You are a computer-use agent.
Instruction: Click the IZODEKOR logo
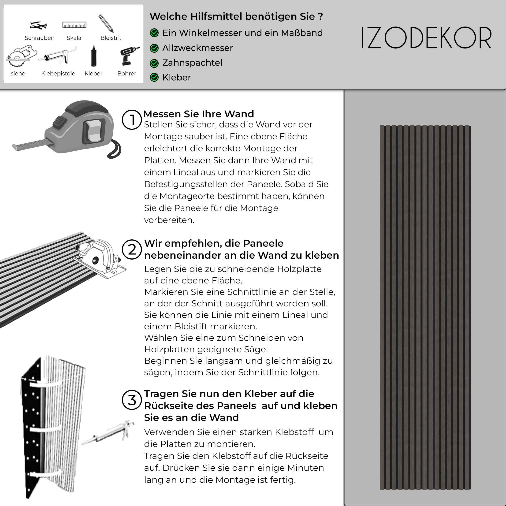point(426,38)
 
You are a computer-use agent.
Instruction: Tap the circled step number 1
point(132,119)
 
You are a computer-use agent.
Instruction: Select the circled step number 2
point(132,249)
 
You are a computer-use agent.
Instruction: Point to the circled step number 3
point(132,400)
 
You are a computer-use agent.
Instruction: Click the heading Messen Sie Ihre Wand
point(198,114)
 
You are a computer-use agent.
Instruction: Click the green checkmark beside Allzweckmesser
point(154,48)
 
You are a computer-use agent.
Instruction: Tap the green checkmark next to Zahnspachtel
point(154,63)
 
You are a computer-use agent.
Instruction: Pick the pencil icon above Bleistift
point(106,23)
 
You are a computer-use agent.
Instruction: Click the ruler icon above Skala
point(74,25)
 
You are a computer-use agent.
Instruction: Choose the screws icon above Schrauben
point(38,25)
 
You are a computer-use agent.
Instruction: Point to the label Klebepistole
point(58,74)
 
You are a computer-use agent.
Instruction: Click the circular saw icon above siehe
point(20,56)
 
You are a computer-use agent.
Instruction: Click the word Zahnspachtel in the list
point(192,63)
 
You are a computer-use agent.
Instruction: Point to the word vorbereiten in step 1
point(169,220)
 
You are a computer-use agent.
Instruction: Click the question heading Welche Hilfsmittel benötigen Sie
point(236,16)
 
